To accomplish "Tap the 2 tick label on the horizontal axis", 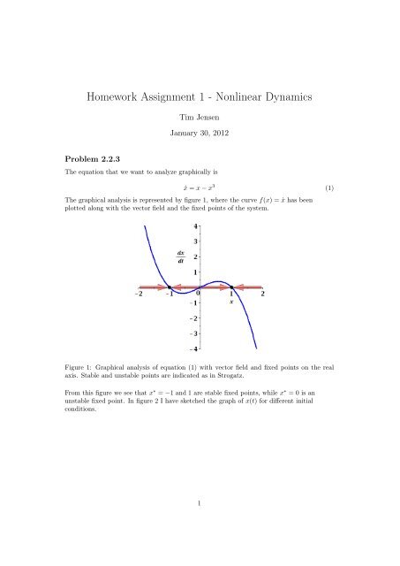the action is (262, 294).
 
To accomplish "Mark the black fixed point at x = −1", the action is (170, 287).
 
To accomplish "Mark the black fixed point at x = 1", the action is (231, 287).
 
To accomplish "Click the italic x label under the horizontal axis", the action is (231, 302).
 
